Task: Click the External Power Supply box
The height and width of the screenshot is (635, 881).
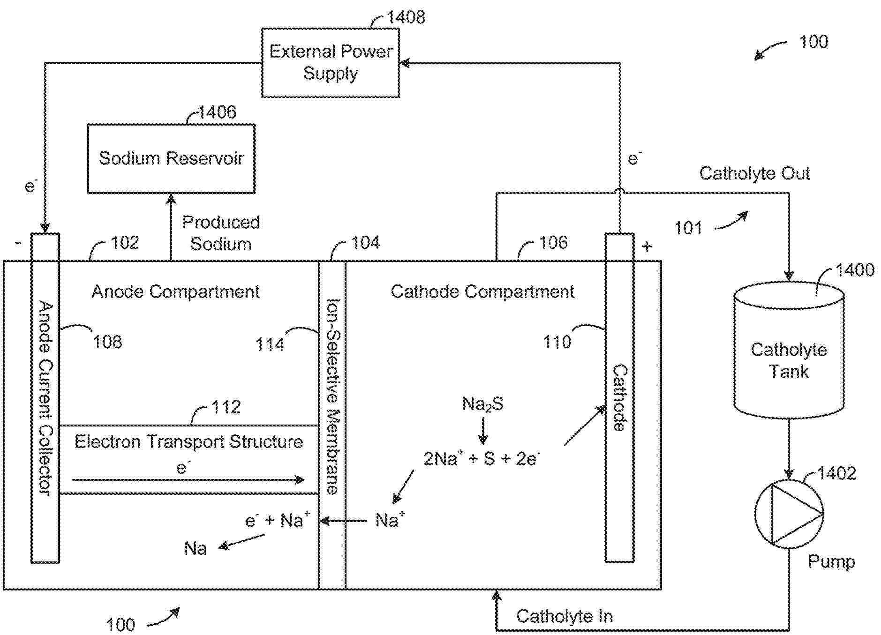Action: pyautogui.click(x=330, y=63)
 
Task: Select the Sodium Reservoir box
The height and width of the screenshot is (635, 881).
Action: pyautogui.click(x=171, y=158)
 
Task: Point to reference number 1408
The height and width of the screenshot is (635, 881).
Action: pyautogui.click(x=406, y=17)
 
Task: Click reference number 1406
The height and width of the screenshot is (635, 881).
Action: pyautogui.click(x=217, y=112)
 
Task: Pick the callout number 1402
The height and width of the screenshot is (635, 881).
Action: pyautogui.click(x=836, y=473)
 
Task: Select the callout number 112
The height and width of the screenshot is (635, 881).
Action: pyautogui.click(x=226, y=407)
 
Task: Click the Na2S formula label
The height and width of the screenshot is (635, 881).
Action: pyautogui.click(x=482, y=404)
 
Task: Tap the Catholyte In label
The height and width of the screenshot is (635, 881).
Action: pyautogui.click(x=565, y=616)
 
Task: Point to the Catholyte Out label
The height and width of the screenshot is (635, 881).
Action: pyautogui.click(x=754, y=173)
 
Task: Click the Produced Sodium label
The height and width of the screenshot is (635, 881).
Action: pyautogui.click(x=221, y=233)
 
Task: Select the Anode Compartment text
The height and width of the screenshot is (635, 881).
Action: pyautogui.click(x=175, y=291)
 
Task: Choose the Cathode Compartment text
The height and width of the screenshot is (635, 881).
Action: pyautogui.click(x=482, y=291)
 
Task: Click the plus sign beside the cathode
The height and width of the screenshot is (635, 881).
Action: pyautogui.click(x=647, y=246)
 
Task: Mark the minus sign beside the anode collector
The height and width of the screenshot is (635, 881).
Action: pyautogui.click(x=18, y=243)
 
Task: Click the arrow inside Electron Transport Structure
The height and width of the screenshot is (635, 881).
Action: pyautogui.click(x=188, y=479)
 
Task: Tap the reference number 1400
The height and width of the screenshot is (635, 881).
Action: pyautogui.click(x=855, y=270)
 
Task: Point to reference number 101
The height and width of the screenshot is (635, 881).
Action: pyautogui.click(x=688, y=228)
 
